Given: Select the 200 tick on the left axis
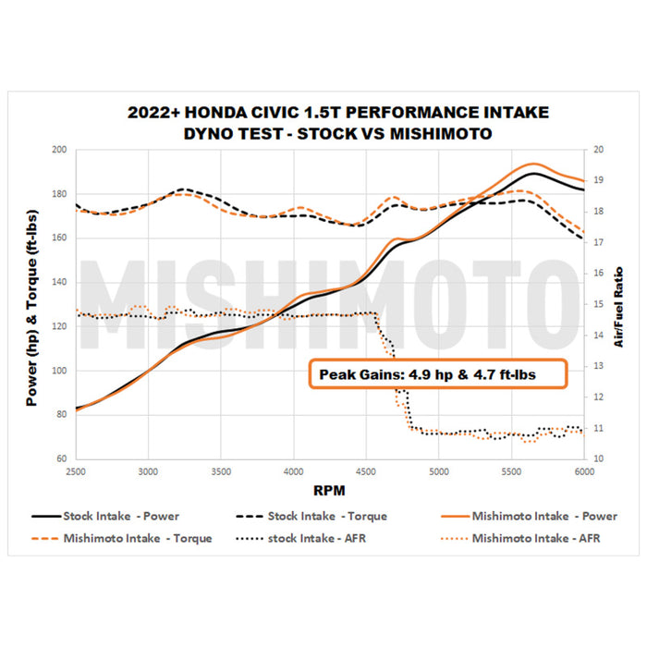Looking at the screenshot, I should pyautogui.click(x=59, y=150).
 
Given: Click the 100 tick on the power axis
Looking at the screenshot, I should pyautogui.click(x=59, y=371).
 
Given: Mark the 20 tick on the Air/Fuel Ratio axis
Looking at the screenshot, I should pyautogui.click(x=598, y=150).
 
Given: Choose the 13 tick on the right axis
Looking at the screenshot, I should pyautogui.click(x=598, y=366).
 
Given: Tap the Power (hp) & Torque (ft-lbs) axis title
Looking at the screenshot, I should pyautogui.click(x=31, y=305).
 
